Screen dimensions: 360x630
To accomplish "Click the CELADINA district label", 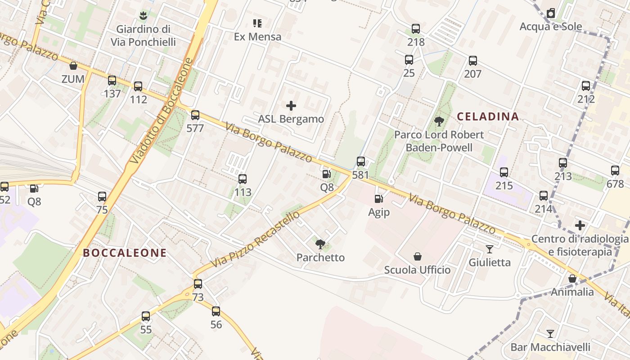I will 488,117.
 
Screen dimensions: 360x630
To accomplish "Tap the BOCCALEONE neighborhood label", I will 125,253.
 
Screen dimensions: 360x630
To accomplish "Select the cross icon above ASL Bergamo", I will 291,106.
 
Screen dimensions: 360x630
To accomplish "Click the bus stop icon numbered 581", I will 360,162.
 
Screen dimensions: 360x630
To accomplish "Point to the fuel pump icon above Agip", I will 378,198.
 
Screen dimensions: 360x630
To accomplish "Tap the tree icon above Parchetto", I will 320,244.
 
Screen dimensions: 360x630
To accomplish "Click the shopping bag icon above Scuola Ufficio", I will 418,256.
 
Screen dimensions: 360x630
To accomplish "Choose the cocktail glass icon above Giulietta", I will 490,249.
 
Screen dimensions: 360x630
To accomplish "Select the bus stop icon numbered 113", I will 243,179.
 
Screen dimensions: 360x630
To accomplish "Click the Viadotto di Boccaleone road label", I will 161,111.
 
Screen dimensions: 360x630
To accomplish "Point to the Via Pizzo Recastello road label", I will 255,239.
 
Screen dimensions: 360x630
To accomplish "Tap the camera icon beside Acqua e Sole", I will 551,13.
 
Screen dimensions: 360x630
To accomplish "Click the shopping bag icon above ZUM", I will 73,66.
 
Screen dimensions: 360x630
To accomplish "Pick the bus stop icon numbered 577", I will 195,115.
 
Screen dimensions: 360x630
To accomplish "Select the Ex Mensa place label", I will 257,37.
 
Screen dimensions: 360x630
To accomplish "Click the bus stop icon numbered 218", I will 416,29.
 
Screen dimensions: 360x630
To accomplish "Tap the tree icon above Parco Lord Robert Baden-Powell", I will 439,121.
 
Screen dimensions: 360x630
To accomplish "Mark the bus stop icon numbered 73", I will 198,284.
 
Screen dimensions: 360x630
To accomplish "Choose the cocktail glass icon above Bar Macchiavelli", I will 550,333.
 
